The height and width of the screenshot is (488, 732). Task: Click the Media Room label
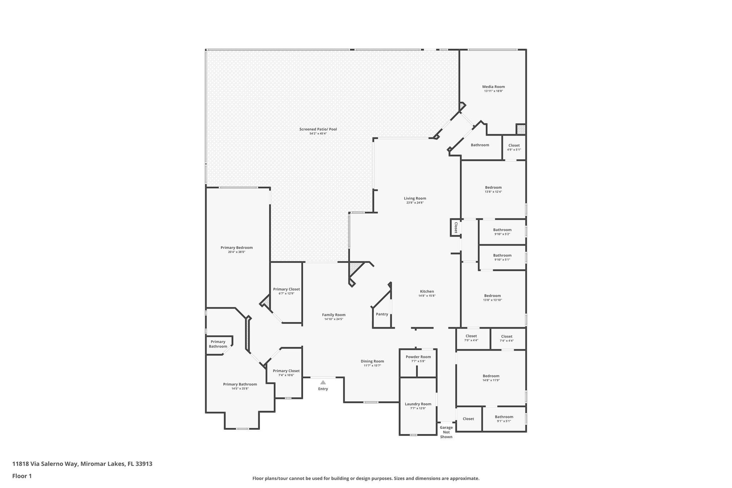coord(493,87)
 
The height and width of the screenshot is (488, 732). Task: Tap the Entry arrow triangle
coord(323,382)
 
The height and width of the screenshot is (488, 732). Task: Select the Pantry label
coord(382,314)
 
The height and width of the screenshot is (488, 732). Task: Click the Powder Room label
coord(418,357)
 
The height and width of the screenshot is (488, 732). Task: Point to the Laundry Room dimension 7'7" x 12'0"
coord(418,408)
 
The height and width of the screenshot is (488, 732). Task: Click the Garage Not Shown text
coord(446,432)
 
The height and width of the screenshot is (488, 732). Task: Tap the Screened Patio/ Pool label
coord(318,129)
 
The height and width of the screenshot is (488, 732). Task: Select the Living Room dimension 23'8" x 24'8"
coord(415,203)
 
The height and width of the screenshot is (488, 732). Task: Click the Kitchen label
coord(427,291)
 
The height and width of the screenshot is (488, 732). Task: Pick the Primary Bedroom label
coord(236,247)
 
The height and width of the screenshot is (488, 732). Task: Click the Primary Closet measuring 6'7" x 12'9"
coord(286,289)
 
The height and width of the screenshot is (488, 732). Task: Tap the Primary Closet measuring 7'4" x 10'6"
coord(286,371)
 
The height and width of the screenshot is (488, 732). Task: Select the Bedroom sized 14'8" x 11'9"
coord(491,376)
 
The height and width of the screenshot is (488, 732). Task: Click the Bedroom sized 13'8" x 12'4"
coord(493,187)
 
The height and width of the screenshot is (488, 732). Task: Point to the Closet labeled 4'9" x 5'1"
coord(514,146)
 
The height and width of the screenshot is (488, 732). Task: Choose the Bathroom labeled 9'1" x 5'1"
coord(504,417)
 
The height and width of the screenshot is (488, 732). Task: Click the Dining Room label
coord(372,361)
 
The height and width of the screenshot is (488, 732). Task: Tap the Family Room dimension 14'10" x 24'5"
coord(333,319)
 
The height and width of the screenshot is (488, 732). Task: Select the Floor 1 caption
coord(22,476)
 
